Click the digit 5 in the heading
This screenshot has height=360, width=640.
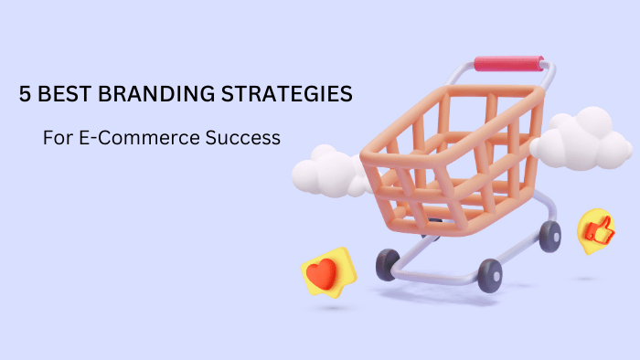(26, 94)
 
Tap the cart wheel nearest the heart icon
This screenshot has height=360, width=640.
(388, 265)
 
